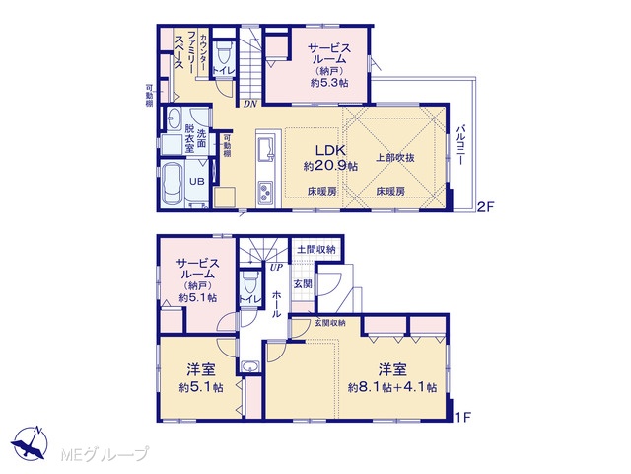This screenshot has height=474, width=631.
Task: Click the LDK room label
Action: pyautogui.click(x=330, y=151)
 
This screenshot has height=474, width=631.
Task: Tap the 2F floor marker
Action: pyautogui.click(x=485, y=207)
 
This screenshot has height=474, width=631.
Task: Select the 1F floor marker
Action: pyautogui.click(x=462, y=417)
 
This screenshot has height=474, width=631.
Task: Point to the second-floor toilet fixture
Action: pyautogui.click(x=223, y=53)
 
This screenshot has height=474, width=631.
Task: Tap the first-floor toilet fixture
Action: pyautogui.click(x=250, y=282)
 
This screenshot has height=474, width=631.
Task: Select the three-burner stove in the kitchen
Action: pyautogui.click(x=265, y=193)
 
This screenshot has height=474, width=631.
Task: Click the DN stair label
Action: pyautogui.click(x=249, y=104)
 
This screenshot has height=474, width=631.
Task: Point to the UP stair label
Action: pyautogui.click(x=276, y=267)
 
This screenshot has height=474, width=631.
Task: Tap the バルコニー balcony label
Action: pyautogui.click(x=460, y=145)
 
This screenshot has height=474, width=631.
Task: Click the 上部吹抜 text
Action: pyautogui.click(x=395, y=158)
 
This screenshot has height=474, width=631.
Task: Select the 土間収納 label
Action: pyautogui.click(x=316, y=250)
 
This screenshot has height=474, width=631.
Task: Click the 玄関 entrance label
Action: pyautogui.click(x=303, y=283)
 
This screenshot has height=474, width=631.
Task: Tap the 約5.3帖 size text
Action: pyautogui.click(x=329, y=83)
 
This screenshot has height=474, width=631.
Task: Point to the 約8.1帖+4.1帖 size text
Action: pyautogui.click(x=392, y=387)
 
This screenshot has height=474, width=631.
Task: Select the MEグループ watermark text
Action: pyautogui.click(x=105, y=454)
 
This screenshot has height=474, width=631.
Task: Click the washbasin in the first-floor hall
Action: pyautogui.click(x=250, y=367)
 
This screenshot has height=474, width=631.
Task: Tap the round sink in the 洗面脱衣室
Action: pyautogui.click(x=174, y=118)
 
